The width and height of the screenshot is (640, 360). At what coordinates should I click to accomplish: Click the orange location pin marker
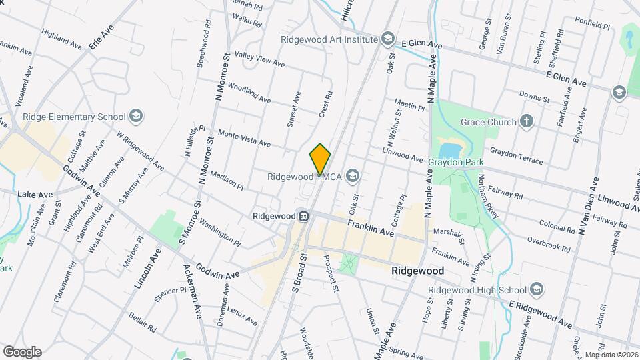(320, 159)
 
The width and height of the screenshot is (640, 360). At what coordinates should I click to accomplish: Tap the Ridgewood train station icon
(303, 216)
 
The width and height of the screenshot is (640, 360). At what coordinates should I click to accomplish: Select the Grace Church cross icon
(527, 121)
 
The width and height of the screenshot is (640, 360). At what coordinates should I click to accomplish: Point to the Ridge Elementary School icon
(137, 117)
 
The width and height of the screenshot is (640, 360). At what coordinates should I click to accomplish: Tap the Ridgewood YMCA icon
(352, 177)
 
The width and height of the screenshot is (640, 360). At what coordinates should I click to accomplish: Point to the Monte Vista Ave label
(244, 139)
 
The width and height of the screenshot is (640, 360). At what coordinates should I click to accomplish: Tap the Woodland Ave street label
(249, 93)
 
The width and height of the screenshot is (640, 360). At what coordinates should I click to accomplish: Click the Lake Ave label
(35, 194)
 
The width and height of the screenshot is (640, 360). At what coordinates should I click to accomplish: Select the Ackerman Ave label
(192, 291)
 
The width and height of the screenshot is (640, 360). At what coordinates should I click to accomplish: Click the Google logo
(22, 351)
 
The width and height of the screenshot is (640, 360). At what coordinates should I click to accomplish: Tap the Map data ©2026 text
(611, 355)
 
